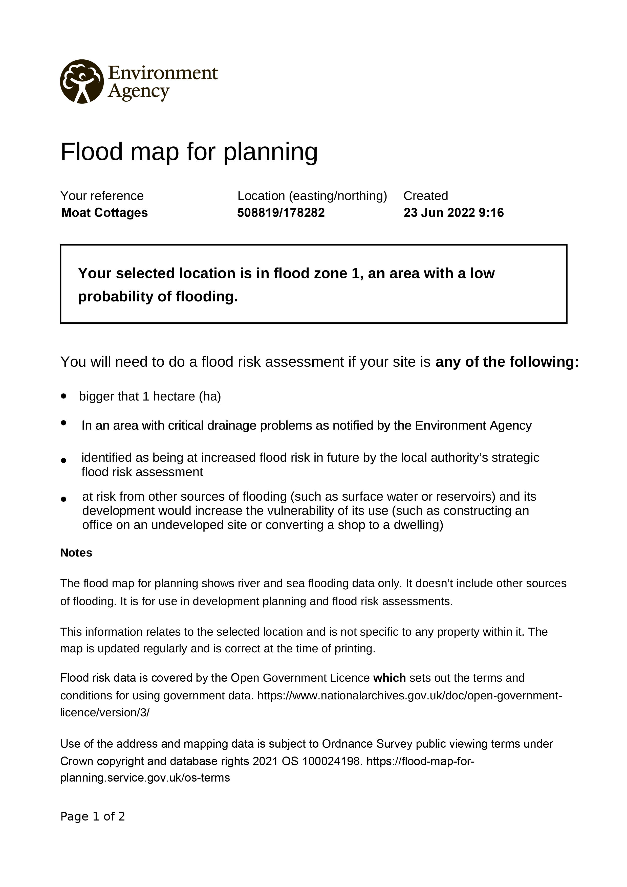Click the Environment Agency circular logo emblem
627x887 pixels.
click(81, 81)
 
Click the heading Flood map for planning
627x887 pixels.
click(189, 151)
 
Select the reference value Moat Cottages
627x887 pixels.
click(104, 213)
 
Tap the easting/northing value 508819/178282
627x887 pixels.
click(281, 213)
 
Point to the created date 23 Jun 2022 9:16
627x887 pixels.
click(453, 213)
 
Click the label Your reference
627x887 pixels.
click(102, 196)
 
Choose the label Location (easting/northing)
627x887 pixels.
click(312, 196)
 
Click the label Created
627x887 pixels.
click(426, 196)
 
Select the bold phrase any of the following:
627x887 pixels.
click(507, 362)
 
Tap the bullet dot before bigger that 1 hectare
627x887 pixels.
click(64, 396)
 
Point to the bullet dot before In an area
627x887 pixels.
click(64, 423)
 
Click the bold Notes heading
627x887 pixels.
click(76, 553)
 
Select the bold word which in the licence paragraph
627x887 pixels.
click(390, 678)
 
